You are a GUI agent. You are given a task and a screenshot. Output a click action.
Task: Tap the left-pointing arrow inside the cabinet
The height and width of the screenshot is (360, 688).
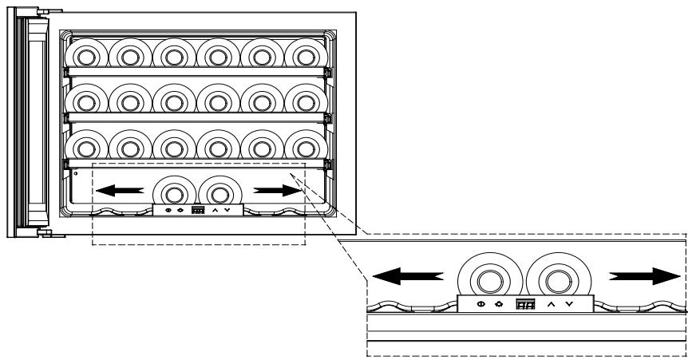coord(120,191)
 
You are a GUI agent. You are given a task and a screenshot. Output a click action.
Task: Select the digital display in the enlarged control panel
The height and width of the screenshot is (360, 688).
coord(524,305)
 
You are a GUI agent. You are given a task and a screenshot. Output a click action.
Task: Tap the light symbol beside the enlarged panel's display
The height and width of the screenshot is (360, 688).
coord(498,305)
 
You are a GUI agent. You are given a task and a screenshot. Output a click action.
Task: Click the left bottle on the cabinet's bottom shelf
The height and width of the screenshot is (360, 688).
coord(174,192)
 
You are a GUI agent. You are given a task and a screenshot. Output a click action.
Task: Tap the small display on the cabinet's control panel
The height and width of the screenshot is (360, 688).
coord(198,210)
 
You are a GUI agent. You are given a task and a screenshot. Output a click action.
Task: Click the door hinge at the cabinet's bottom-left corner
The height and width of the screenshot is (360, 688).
coord(45,233)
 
